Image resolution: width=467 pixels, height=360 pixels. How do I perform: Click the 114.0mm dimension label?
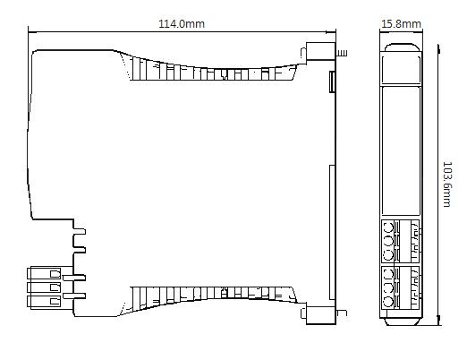(182, 23)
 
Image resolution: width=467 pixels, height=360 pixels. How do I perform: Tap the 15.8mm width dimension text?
(401, 23)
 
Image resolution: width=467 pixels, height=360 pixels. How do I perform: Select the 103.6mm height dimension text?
(447, 184)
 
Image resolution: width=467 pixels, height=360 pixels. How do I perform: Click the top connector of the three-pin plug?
(44, 273)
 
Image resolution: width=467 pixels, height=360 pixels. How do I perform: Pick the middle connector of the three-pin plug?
(44, 287)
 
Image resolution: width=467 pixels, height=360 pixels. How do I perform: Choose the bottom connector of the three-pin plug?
(44, 302)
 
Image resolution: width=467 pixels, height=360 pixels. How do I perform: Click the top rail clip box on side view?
(320, 52)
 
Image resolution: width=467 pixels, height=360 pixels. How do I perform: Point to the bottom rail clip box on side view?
(320, 314)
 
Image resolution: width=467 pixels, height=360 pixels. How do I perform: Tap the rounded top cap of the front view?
(402, 47)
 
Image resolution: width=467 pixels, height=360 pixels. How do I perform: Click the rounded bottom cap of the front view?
(402, 321)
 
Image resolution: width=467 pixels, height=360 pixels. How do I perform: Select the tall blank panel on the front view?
(401, 150)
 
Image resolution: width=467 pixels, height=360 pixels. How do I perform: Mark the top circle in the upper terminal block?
(388, 229)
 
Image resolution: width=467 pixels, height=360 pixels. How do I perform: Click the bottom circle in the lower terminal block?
(388, 302)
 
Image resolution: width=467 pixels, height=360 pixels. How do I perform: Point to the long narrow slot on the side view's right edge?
(331, 232)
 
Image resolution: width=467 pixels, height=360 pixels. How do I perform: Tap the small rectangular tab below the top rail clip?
(332, 81)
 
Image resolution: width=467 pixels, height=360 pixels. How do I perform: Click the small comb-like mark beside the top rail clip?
(342, 54)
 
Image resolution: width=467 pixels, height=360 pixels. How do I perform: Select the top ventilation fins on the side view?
(212, 71)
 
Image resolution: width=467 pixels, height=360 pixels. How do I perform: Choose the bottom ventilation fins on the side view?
(212, 298)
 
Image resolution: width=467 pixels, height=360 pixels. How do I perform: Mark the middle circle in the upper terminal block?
(388, 241)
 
